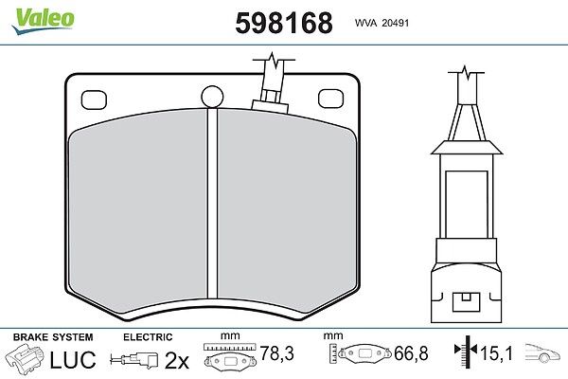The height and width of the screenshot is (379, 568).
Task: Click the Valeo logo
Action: tap(43, 20)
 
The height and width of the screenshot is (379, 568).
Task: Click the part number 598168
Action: tap(284, 23)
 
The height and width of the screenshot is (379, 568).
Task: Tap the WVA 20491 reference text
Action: tap(382, 23)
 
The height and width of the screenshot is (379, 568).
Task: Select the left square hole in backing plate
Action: tap(94, 99)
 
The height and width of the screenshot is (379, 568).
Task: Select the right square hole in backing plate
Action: tap(330, 99)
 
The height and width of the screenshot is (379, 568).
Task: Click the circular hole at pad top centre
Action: tap(212, 97)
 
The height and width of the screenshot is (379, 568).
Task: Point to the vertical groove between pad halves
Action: tap(213, 204)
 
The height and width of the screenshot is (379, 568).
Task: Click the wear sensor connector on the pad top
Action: tap(270, 86)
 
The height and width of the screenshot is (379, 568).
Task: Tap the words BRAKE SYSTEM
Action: tap(53, 337)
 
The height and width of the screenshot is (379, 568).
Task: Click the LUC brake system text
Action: tap(73, 360)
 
